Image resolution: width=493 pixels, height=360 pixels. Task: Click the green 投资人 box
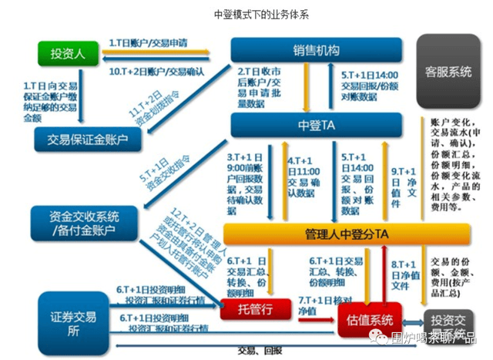62,54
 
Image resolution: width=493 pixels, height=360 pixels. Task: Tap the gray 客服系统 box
448,72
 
